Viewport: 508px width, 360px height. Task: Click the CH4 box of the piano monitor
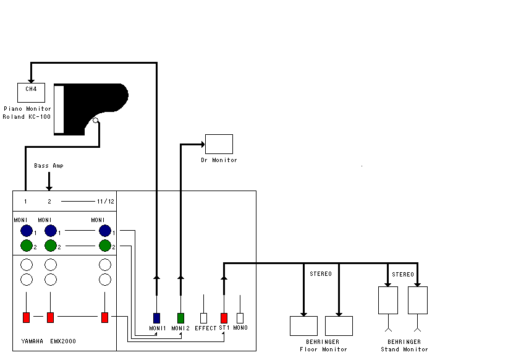click(31, 93)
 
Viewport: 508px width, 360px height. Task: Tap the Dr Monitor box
click(219, 144)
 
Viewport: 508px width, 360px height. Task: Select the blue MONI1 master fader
click(157, 318)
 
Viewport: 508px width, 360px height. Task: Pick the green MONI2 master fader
click(181, 318)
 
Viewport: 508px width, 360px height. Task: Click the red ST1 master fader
click(224, 318)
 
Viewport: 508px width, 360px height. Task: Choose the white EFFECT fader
click(203, 318)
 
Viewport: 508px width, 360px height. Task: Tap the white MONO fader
click(240, 318)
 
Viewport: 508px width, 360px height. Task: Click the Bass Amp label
click(49, 166)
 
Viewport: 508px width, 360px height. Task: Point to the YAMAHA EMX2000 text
click(49, 341)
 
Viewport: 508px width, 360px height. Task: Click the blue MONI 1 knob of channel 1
click(27, 231)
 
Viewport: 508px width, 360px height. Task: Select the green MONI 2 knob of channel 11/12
click(105, 246)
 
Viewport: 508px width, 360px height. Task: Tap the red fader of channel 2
click(50, 317)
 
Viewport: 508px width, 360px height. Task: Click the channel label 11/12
click(106, 202)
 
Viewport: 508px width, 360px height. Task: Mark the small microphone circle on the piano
click(96, 121)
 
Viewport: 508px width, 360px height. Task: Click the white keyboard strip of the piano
click(59, 109)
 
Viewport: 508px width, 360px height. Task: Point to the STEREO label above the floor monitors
click(321, 274)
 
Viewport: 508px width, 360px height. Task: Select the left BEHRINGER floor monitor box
click(303, 326)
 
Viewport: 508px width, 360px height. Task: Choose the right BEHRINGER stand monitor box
click(418, 301)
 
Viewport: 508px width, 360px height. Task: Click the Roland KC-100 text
click(27, 117)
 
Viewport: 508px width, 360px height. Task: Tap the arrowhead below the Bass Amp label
click(49, 188)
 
